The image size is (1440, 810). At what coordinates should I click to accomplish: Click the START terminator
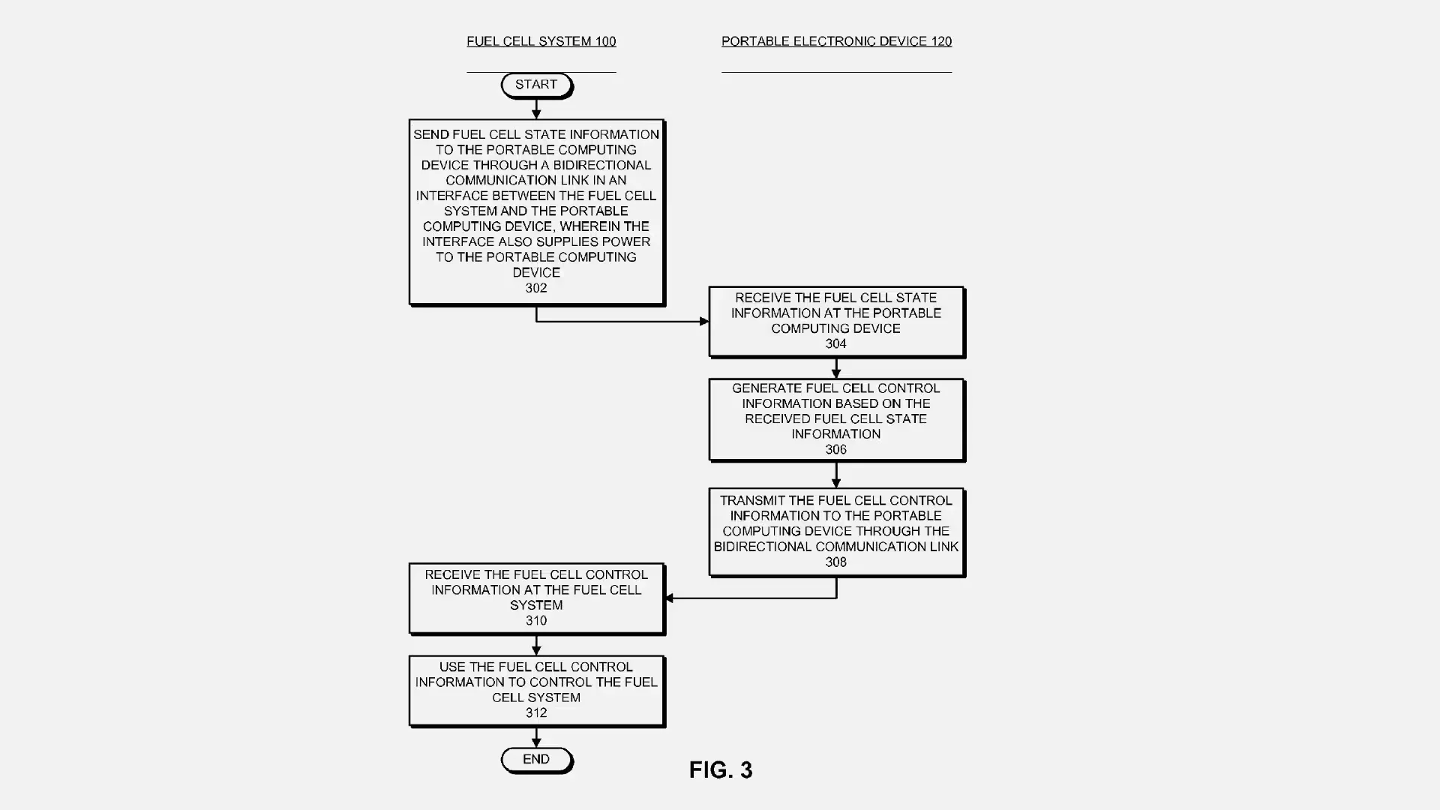536,85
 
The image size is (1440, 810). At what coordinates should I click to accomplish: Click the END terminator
536,760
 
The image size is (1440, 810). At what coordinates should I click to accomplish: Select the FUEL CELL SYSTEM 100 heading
541,41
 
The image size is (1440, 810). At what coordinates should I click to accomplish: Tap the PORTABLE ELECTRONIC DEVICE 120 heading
836,41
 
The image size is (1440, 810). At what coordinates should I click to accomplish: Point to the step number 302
536,288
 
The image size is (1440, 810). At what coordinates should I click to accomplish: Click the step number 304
835,344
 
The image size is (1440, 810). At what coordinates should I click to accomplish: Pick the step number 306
835,450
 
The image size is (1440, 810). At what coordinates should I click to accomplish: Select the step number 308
835,562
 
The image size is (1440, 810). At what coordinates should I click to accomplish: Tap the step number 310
536,621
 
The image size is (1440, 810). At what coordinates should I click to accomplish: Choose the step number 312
536,713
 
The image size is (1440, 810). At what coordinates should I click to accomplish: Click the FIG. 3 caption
721,770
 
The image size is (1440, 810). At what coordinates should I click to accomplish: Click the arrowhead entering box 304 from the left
703,322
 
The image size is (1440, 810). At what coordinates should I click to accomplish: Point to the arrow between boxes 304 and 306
836,368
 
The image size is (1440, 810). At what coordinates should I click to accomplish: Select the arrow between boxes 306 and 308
836,474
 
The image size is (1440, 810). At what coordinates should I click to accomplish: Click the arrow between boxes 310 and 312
536,645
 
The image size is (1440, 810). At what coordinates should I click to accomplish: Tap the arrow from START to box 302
536,109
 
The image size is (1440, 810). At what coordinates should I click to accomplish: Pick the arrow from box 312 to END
536,737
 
